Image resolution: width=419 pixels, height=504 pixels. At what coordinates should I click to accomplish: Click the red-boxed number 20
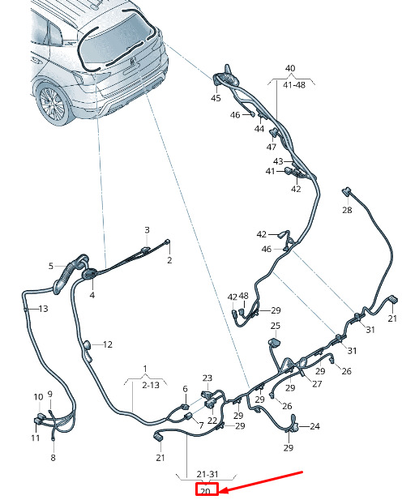pyautogui.click(x=205, y=491)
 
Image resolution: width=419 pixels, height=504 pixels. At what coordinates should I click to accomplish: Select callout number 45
pyautogui.click(x=216, y=98)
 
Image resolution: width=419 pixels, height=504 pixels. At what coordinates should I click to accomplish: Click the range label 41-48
pyautogui.click(x=294, y=85)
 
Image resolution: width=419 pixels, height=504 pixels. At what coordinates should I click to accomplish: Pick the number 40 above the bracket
pyautogui.click(x=290, y=68)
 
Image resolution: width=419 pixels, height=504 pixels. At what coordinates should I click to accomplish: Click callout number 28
pyautogui.click(x=347, y=210)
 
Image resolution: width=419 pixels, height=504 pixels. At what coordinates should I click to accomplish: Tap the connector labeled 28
pyautogui.click(x=346, y=191)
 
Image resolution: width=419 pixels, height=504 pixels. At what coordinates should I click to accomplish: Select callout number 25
pyautogui.click(x=276, y=326)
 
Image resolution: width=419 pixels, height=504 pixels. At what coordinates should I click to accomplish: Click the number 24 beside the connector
pyautogui.click(x=314, y=426)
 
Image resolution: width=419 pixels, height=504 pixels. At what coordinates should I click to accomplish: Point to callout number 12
pyautogui.click(x=108, y=344)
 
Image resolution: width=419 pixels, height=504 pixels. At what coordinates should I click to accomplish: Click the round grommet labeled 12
pyautogui.click(x=88, y=346)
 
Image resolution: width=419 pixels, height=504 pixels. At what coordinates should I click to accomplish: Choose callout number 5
pyautogui.click(x=51, y=266)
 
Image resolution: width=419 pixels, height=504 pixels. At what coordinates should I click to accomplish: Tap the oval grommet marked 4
pyautogui.click(x=89, y=274)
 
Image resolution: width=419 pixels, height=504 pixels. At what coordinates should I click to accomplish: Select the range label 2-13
pyautogui.click(x=151, y=385)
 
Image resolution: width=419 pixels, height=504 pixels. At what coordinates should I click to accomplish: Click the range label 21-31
pyautogui.click(x=207, y=474)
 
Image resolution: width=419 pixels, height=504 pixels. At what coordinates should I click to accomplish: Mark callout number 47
pyautogui.click(x=271, y=147)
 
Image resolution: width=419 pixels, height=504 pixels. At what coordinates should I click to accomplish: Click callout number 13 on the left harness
pyautogui.click(x=44, y=309)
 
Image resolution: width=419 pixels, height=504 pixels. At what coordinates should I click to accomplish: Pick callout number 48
pyautogui.click(x=244, y=296)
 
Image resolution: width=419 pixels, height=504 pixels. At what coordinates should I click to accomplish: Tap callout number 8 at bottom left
pyautogui.click(x=53, y=458)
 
